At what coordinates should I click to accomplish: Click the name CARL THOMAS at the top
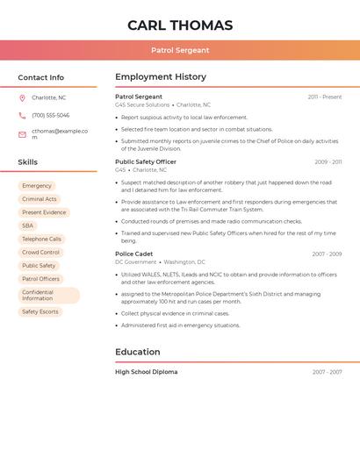pyautogui.click(x=180, y=25)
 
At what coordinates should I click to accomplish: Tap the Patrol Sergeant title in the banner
pyautogui.click(x=180, y=50)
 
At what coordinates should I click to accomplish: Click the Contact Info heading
pyautogui.click(x=41, y=77)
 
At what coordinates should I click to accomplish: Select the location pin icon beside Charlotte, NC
pyautogui.click(x=22, y=97)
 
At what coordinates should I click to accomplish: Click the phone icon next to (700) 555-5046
pyautogui.click(x=22, y=115)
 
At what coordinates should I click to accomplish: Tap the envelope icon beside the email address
pyautogui.click(x=22, y=134)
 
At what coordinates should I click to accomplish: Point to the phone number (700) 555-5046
pyautogui.click(x=50, y=115)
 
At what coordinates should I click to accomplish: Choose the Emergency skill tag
pyautogui.click(x=37, y=186)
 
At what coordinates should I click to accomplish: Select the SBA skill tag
pyautogui.click(x=28, y=225)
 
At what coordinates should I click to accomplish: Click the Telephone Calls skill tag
pyautogui.click(x=41, y=239)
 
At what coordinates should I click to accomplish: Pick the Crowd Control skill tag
pyautogui.click(x=40, y=252)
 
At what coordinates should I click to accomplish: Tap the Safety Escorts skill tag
pyautogui.click(x=40, y=311)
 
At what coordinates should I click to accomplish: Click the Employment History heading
pyautogui.click(x=161, y=77)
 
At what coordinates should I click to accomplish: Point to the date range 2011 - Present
pyautogui.click(x=324, y=97)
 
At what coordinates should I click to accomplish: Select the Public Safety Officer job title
pyautogui.click(x=146, y=161)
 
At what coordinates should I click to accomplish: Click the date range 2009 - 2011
pyautogui.click(x=328, y=161)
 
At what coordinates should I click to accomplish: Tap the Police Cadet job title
pyautogui.click(x=134, y=254)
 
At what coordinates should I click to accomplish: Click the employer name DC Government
pyautogui.click(x=135, y=261)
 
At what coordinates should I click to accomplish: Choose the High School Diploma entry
pyautogui.click(x=146, y=372)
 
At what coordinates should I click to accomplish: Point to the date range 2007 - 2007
pyautogui.click(x=327, y=372)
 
